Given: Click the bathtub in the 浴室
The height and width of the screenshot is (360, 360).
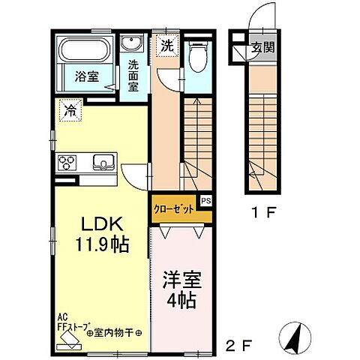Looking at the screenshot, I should pos(83,51).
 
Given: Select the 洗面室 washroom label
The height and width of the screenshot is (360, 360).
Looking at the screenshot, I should pos(134,74).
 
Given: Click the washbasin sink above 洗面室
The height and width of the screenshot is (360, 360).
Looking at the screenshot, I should pos(134,43).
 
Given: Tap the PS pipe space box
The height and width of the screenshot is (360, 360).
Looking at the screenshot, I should pos(206,201).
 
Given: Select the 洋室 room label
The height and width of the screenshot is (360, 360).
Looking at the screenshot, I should pos(180,283).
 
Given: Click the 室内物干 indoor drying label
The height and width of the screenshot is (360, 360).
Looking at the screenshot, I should pos(112,332).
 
